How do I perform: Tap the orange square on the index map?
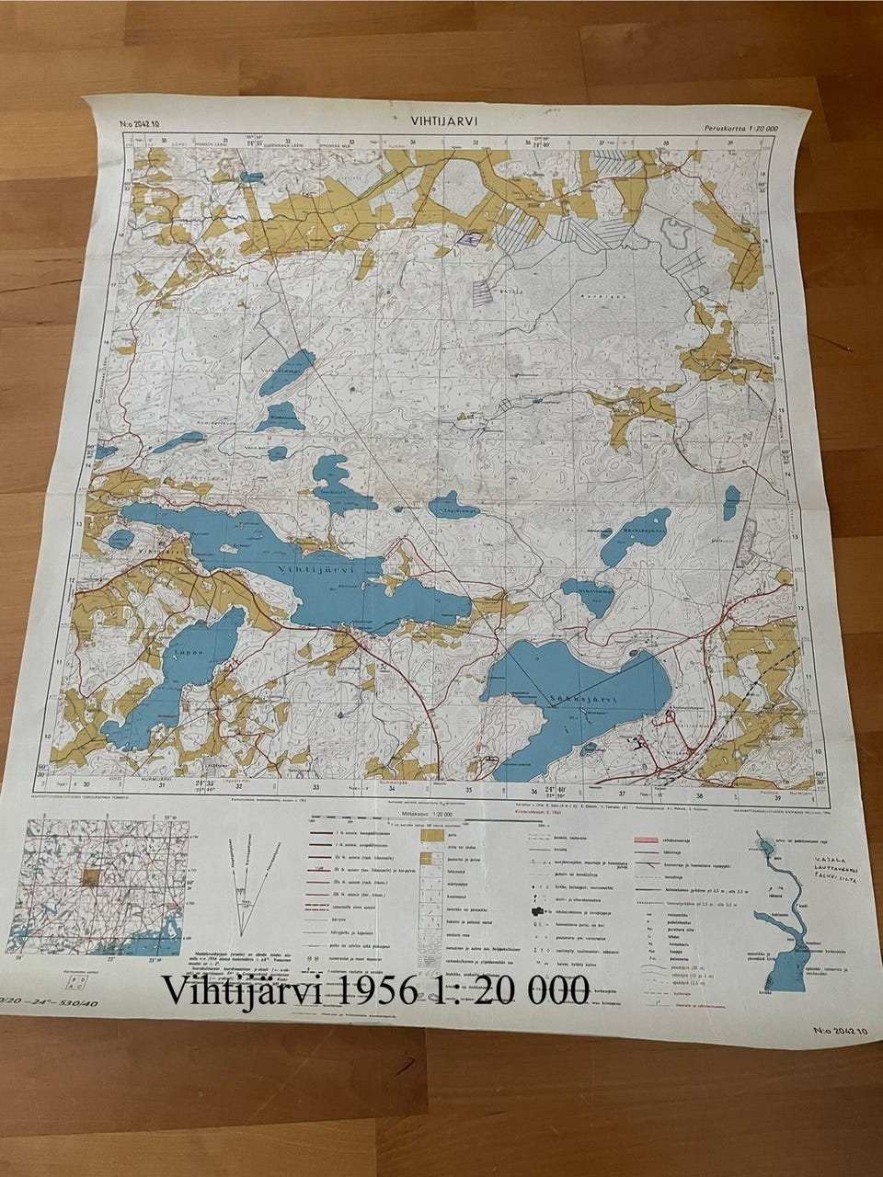(x=90, y=875)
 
